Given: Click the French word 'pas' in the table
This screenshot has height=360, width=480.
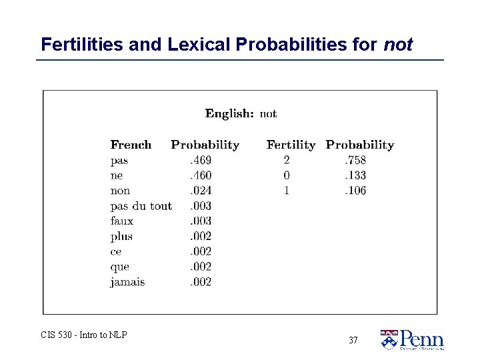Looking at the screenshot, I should (x=119, y=161).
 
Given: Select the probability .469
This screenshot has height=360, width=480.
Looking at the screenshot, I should (x=201, y=160).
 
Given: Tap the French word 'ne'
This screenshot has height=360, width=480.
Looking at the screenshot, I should (x=117, y=175).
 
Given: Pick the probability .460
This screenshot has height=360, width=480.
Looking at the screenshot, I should (x=201, y=175).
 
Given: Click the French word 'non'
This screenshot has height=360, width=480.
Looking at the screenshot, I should (x=120, y=191).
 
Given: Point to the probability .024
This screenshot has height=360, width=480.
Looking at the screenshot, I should (x=201, y=191).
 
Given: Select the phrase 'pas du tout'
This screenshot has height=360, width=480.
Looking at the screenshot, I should (x=141, y=206).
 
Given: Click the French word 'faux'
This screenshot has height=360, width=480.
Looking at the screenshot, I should (x=122, y=221).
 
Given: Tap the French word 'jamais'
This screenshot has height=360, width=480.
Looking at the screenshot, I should (x=127, y=282).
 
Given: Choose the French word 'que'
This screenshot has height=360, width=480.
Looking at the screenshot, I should (x=120, y=267).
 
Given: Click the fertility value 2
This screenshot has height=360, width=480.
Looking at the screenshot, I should (x=287, y=160).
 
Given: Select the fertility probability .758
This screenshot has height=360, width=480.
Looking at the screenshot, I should (x=355, y=160).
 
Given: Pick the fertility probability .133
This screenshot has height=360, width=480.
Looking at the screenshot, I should (x=355, y=175).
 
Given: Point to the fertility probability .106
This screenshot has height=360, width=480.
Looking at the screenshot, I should (x=355, y=191).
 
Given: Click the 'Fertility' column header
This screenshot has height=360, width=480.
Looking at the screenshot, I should (x=291, y=145).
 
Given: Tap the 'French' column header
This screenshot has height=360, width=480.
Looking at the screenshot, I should (x=131, y=145).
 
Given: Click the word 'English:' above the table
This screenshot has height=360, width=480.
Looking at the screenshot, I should (x=229, y=113).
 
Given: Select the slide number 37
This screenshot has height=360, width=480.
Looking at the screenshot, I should (x=353, y=340).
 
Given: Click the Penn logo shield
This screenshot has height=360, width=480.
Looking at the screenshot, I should (x=388, y=340).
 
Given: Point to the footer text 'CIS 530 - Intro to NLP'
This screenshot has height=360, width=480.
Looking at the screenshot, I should (x=84, y=335).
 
